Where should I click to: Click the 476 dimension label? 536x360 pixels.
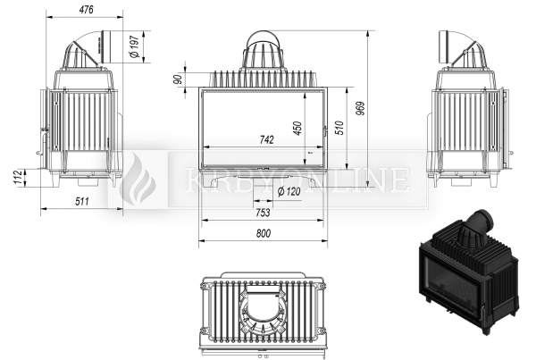(x=86, y=10)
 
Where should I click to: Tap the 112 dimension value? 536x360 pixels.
(x=20, y=177)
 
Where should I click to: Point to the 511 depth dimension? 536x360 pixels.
(x=82, y=201)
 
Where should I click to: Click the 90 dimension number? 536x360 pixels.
(x=177, y=80)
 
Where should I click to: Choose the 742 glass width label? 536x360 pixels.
(x=266, y=140)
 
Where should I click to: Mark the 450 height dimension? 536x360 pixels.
(x=298, y=129)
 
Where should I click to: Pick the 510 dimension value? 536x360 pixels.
(x=339, y=128)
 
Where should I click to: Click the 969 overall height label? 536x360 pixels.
(x=360, y=108)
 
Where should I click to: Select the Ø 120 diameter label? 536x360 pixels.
(x=289, y=191)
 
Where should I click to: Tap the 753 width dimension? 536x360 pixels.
(x=263, y=213)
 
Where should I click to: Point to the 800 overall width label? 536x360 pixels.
(x=264, y=233)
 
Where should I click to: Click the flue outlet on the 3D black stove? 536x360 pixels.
(x=482, y=222)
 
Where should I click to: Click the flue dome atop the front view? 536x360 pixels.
(x=263, y=50)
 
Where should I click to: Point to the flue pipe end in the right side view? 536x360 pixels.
(x=444, y=46)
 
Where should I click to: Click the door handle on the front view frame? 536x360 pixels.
(x=325, y=130)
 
